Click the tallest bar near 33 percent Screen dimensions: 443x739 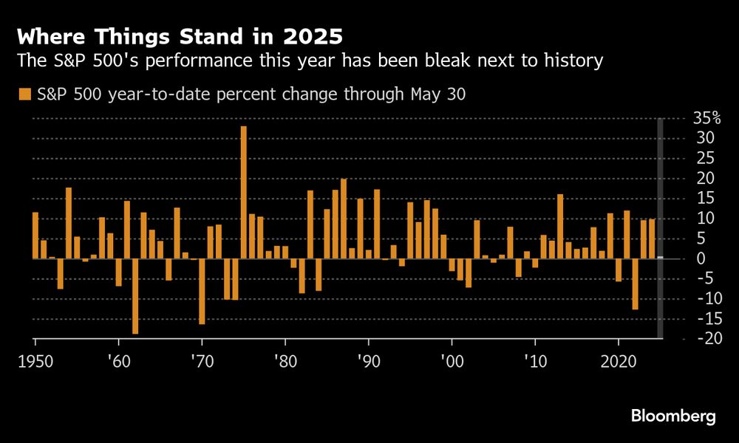click(x=243, y=192)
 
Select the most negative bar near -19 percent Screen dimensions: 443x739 click(x=135, y=295)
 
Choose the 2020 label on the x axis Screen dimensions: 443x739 click(x=620, y=363)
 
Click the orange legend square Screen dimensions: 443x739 click(x=24, y=94)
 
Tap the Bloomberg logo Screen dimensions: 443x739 click(x=673, y=416)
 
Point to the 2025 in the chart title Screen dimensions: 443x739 click(x=310, y=35)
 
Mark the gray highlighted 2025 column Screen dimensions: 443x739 click(x=660, y=228)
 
